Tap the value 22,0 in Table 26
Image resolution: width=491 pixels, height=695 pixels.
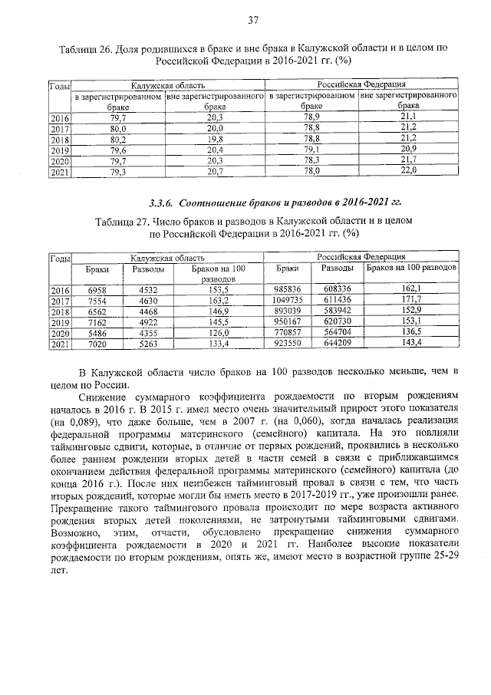tap(408, 172)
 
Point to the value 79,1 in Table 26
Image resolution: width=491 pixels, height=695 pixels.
tap(311, 150)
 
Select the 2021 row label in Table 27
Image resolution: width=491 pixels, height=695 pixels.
tap(59, 344)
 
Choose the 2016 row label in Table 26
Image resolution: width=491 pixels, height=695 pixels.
tap(59, 118)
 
